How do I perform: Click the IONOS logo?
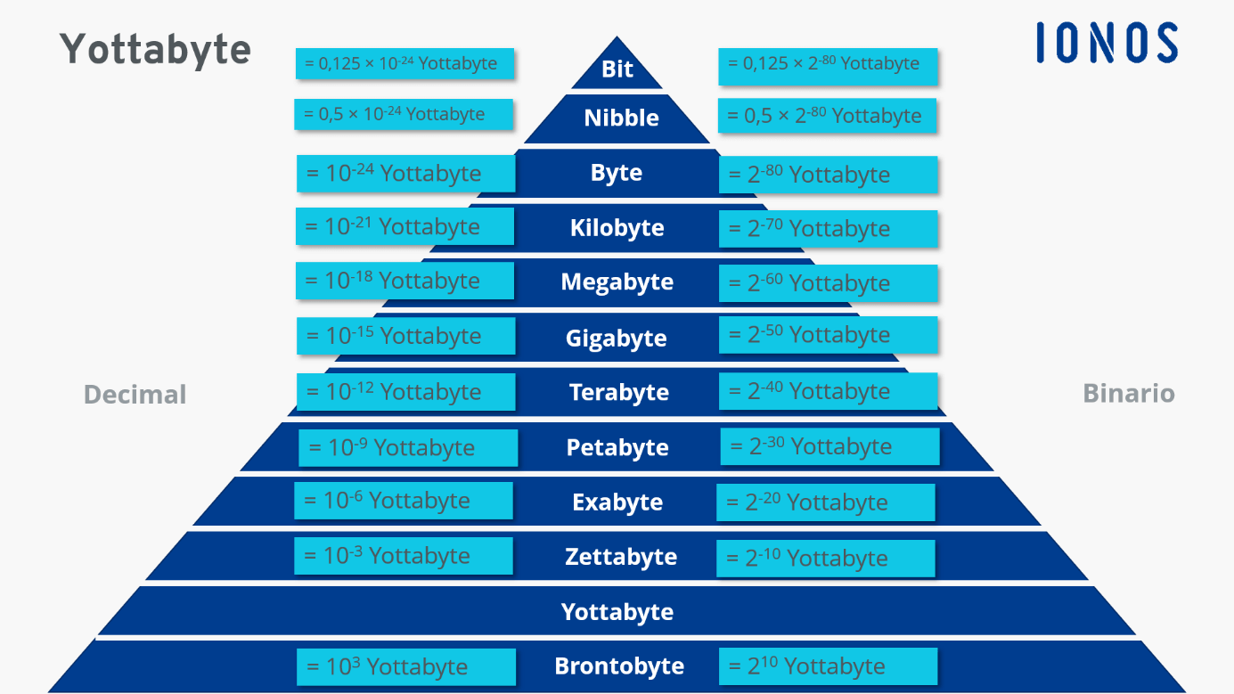(x=1107, y=43)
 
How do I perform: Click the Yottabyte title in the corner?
(x=155, y=49)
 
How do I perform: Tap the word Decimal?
(x=135, y=395)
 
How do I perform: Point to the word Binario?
(x=1128, y=393)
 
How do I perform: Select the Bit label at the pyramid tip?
(x=617, y=69)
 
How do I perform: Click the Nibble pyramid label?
(x=621, y=118)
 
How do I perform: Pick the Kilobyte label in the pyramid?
(x=617, y=228)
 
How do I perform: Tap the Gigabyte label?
(x=616, y=339)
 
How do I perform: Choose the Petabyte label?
(x=617, y=447)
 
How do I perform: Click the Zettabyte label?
(x=621, y=558)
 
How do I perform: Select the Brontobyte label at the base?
(x=619, y=666)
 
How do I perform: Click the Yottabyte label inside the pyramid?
(x=617, y=612)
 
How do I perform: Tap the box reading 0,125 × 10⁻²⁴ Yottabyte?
(x=405, y=64)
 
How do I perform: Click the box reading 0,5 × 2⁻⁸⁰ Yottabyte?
(x=827, y=116)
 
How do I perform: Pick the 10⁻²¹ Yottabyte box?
(x=405, y=227)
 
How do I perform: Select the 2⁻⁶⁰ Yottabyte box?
(x=828, y=283)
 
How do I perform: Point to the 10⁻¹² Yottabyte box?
(x=405, y=392)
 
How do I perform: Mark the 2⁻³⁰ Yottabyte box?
(x=829, y=446)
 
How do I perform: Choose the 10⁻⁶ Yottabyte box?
(x=404, y=501)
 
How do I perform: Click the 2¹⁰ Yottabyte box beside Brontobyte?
(x=828, y=666)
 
